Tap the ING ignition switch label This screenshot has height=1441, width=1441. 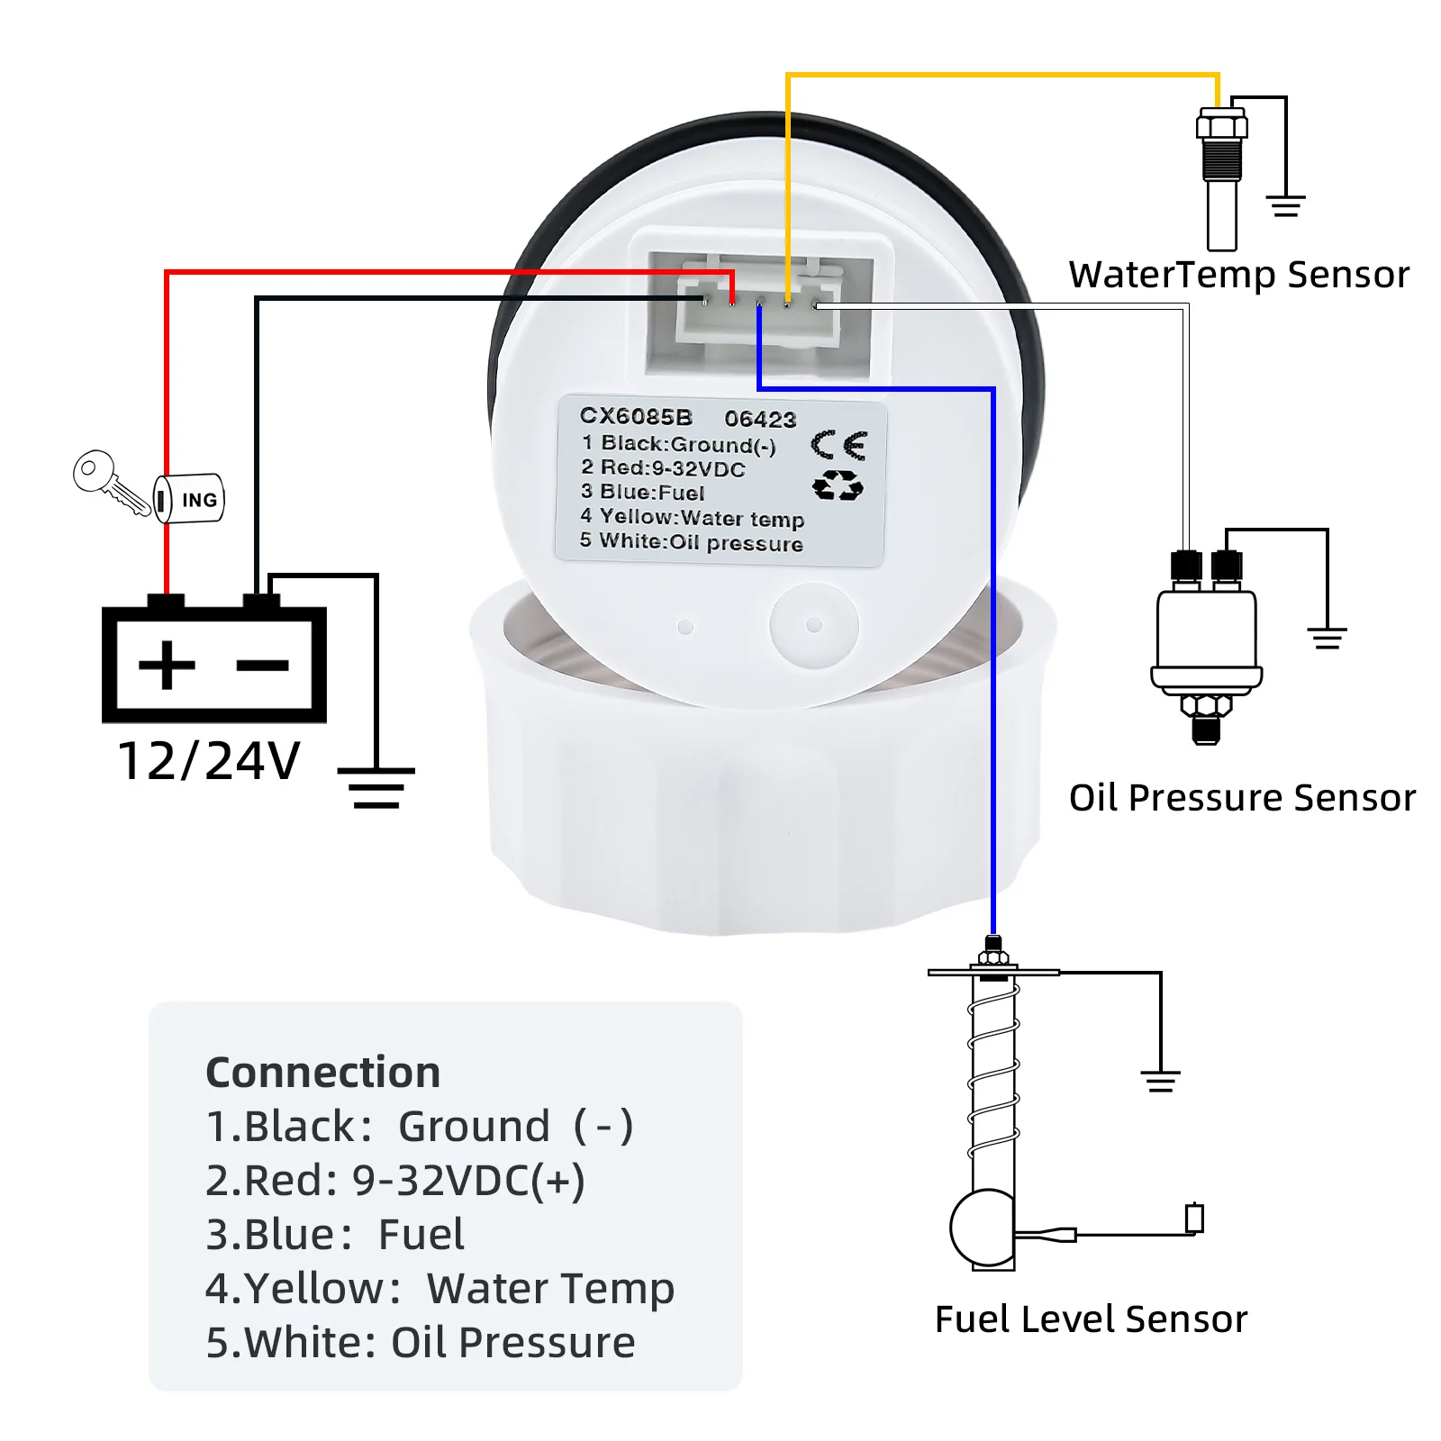pyautogui.click(x=199, y=500)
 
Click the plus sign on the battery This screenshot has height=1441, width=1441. pyautogui.click(x=167, y=666)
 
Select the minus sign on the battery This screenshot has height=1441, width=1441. pyautogui.click(x=262, y=666)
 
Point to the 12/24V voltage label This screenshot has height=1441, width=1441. pyautogui.click(x=209, y=761)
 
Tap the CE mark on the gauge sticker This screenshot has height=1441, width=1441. pyautogui.click(x=838, y=445)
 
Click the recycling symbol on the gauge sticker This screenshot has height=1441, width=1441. pyautogui.click(x=838, y=486)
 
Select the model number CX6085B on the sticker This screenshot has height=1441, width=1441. pyautogui.click(x=636, y=416)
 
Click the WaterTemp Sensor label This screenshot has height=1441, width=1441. pyautogui.click(x=1239, y=275)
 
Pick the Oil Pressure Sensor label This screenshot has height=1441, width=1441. pyautogui.click(x=1242, y=798)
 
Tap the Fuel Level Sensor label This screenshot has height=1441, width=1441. pyautogui.click(x=1092, y=1319)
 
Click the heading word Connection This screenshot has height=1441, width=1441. pyautogui.click(x=323, y=1072)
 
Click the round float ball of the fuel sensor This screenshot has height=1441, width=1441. pyautogui.click(x=982, y=1227)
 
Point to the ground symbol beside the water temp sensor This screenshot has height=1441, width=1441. pyautogui.click(x=1286, y=206)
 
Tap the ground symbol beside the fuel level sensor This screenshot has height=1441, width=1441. pyautogui.click(x=1161, y=1080)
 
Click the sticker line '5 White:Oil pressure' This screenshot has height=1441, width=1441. pyautogui.click(x=692, y=541)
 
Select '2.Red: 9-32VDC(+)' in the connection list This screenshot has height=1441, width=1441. pyautogui.click(x=395, y=1181)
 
